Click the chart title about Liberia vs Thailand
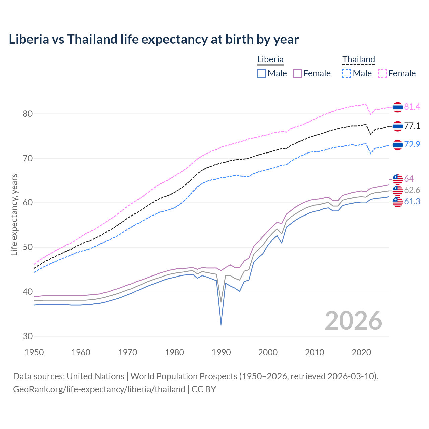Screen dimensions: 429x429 (154, 39)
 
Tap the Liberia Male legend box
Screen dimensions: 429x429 (262, 73)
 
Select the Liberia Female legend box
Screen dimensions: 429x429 (297, 73)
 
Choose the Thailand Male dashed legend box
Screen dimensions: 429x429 (347, 73)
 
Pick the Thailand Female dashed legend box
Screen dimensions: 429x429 (382, 73)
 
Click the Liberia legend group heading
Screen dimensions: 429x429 (270, 59)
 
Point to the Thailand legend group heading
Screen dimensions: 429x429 (358, 59)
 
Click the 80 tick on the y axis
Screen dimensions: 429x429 (27, 114)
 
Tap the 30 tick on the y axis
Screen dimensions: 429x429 (27, 336)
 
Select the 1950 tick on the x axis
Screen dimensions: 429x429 (35, 352)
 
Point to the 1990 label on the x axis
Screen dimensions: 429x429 (221, 352)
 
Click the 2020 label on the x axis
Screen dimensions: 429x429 (361, 352)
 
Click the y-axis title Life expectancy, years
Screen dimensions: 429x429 (14, 214)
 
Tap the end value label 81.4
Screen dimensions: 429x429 (412, 107)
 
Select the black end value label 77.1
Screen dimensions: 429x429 (412, 126)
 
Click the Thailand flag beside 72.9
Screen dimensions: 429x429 (397, 145)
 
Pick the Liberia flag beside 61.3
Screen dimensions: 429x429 (397, 202)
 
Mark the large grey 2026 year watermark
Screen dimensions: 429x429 (353, 321)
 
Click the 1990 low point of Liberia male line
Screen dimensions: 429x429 (221, 325)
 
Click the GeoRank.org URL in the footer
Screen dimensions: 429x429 (99, 389)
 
